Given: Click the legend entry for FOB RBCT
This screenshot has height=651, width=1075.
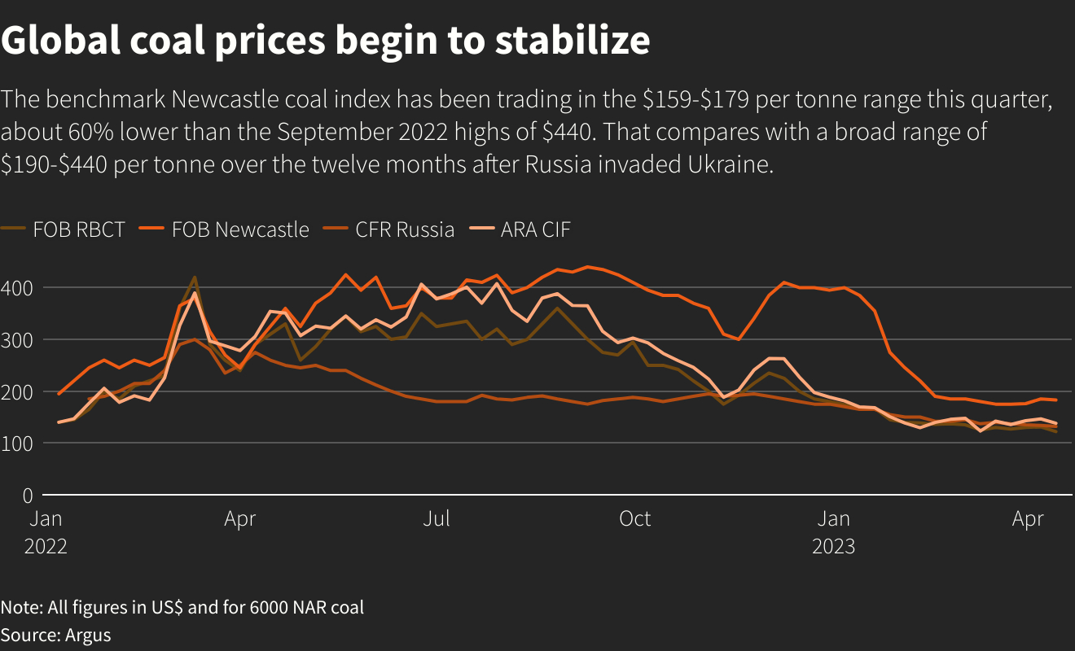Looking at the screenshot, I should click(x=78, y=229).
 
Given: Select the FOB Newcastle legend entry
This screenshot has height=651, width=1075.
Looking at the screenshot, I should click(x=239, y=229).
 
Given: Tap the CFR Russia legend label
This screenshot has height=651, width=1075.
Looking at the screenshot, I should click(x=404, y=229).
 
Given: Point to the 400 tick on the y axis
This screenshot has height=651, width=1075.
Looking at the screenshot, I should click(x=16, y=288).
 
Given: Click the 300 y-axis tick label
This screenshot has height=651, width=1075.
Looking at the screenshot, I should click(x=16, y=340).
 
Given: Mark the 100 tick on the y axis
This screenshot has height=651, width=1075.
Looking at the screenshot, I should click(x=16, y=443).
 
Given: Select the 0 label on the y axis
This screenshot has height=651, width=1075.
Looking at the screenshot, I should click(x=27, y=496).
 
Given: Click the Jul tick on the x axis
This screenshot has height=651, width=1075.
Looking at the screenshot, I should click(x=437, y=518).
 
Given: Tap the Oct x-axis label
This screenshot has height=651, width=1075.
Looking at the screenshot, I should click(x=634, y=518).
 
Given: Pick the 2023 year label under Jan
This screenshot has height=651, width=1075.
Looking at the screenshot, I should click(x=833, y=545).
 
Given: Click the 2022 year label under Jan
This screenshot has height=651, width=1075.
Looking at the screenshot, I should click(x=46, y=545).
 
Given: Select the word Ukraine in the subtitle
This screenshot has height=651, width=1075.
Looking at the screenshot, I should click(x=730, y=164).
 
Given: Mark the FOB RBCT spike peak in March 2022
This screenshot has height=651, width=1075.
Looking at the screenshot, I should click(x=194, y=277).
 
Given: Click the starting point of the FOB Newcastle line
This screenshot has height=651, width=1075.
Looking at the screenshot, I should click(x=59, y=394).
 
